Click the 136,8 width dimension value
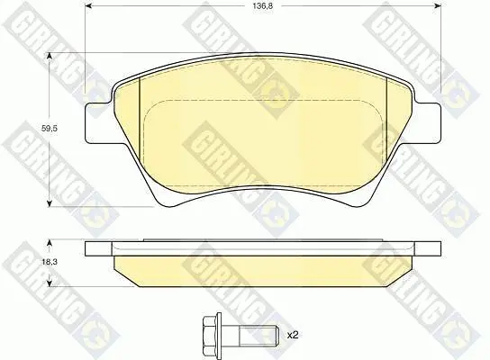click(262, 6)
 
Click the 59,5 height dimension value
click(50, 128)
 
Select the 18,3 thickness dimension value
click(50, 262)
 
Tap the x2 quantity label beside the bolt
click(293, 336)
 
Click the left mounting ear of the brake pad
click(97, 123)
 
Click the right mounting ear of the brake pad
click(428, 123)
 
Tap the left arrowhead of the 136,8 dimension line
click(88, 5)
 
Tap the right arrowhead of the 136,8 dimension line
click(438, 5)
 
